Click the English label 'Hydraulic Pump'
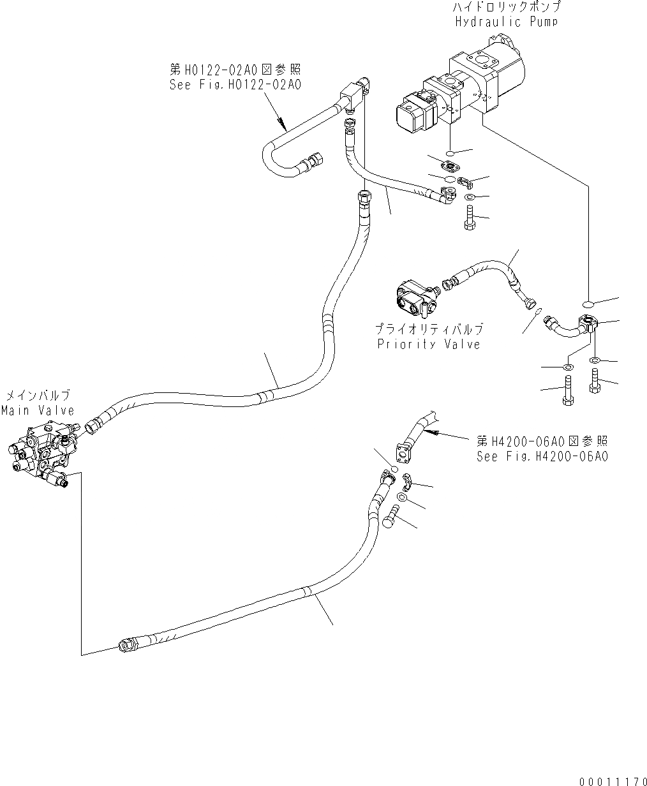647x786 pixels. (x=506, y=21)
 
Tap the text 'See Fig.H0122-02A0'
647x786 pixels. (x=235, y=84)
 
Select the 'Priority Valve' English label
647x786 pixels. (x=428, y=344)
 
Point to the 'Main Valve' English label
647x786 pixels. (x=37, y=410)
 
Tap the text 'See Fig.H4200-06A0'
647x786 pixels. (x=542, y=456)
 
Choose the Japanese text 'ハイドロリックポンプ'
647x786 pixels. (x=506, y=8)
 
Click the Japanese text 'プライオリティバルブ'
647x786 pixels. (x=428, y=330)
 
